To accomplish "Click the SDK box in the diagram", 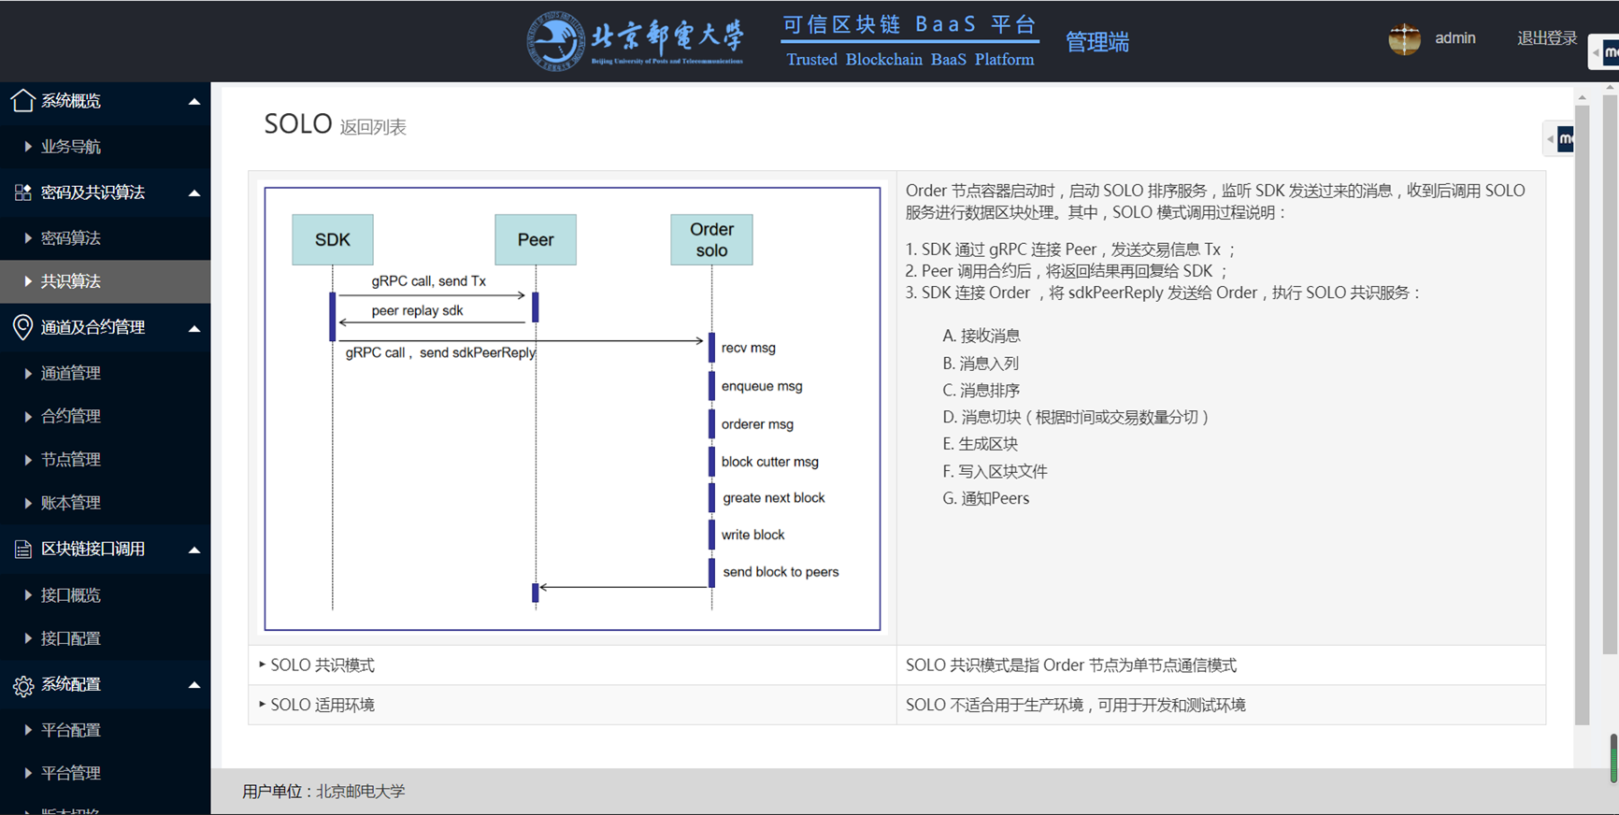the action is pos(333,239).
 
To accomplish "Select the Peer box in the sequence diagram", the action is pos(536,239).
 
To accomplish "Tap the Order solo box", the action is pos(711,239).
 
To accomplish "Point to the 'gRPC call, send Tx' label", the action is pos(429,281).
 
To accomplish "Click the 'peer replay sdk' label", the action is pos(417,310).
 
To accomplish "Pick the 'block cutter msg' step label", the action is pos(769,462).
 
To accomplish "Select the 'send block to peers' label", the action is pos(781,572).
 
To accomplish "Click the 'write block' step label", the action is pos(752,535).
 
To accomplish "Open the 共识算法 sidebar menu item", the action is pos(71,281).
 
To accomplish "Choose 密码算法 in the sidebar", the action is pos(71,238).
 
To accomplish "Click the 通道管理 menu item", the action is pos(71,373).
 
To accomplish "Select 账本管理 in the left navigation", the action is pos(71,503).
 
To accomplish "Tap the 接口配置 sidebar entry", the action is pos(71,638).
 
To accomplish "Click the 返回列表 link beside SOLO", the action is pos(373,127).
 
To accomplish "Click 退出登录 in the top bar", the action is pos(1547,38).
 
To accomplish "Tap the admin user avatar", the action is pos(1404,39).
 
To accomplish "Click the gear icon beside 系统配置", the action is pos(23,686).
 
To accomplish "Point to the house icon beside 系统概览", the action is pos(23,100).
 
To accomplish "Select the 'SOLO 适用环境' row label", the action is pos(322,705).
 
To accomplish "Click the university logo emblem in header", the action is pos(556,41).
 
